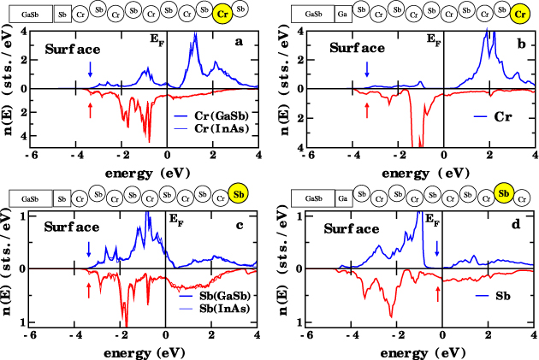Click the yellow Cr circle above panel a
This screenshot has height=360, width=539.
click(222, 14)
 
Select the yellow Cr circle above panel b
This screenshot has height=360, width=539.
click(518, 14)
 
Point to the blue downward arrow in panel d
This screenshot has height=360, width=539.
click(438, 248)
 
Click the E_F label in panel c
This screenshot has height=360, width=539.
click(175, 221)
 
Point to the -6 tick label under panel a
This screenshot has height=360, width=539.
click(30, 154)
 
